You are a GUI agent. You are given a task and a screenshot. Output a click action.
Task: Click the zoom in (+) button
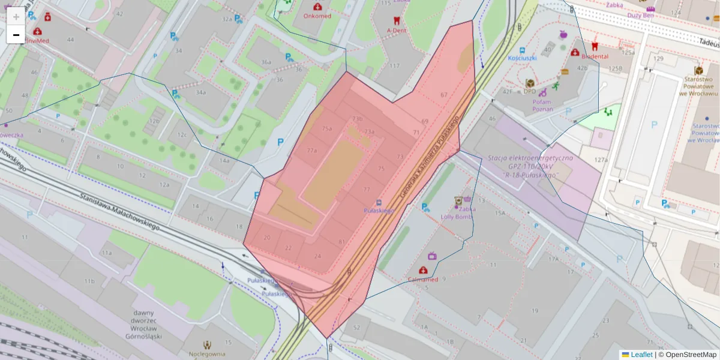pyautogui.click(x=16, y=17)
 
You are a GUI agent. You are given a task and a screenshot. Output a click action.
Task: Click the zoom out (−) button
pyautogui.click(x=16, y=35)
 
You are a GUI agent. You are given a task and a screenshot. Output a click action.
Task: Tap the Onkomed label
pyautogui.click(x=317, y=16)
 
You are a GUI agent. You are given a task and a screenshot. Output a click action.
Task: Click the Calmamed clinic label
pyautogui.click(x=423, y=280)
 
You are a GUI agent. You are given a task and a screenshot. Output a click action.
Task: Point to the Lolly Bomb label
pyautogui.click(x=457, y=217)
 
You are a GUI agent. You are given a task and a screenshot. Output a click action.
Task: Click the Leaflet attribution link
pyautogui.click(x=641, y=355)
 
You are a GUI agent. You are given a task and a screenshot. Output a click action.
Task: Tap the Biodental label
pyautogui.click(x=595, y=56)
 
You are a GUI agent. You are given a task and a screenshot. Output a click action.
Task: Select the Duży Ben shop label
pyautogui.click(x=640, y=16)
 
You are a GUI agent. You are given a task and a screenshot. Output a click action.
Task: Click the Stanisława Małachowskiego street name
pyautogui.click(x=119, y=210)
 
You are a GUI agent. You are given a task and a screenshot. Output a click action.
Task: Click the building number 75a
pyautogui.click(x=326, y=129)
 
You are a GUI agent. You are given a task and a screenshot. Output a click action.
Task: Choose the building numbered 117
pyautogui.click(x=394, y=66)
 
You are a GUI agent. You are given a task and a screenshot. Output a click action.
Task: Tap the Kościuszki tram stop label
pyautogui.click(x=521, y=58)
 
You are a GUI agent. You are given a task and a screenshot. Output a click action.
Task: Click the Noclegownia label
pyautogui.click(x=208, y=354)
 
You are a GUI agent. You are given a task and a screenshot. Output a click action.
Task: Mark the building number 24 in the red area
pyautogui.click(x=317, y=256)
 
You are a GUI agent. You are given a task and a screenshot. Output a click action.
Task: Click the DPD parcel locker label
pyautogui.click(x=529, y=92)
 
